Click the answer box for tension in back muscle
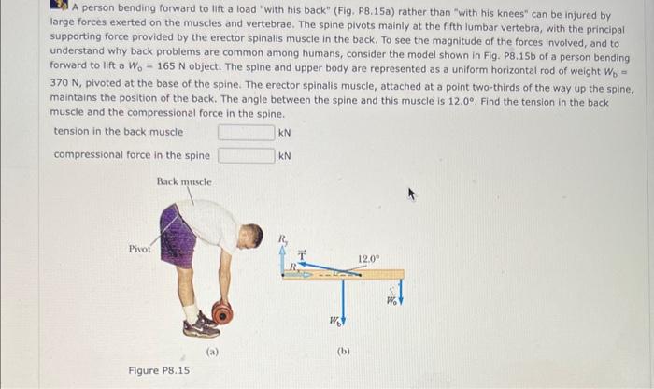point(247,133)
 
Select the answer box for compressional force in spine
point(247,155)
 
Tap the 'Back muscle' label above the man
point(184,181)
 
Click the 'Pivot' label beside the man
point(140,249)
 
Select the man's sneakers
point(201,325)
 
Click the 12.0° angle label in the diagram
point(368,257)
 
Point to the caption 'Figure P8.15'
point(159,370)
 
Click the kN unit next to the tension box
point(285,133)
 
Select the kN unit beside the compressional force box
point(285,155)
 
